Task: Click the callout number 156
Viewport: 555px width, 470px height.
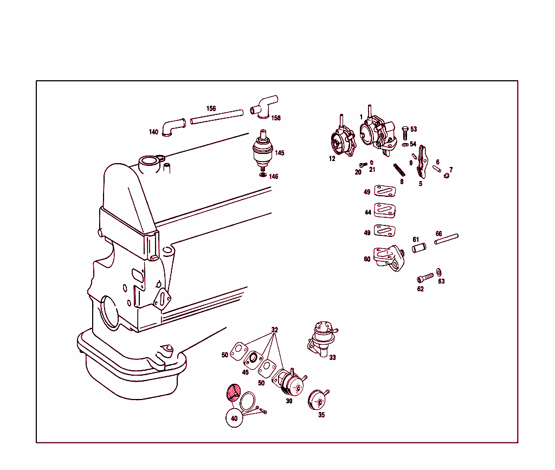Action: (x=211, y=108)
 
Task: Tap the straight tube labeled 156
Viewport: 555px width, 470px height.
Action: (x=217, y=117)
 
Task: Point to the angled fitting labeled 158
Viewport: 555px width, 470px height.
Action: (x=264, y=106)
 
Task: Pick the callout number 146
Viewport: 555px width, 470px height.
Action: (x=273, y=176)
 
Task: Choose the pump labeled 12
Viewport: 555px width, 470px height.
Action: (x=343, y=139)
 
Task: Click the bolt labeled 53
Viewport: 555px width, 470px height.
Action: (x=405, y=133)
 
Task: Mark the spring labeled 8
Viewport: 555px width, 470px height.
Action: (x=399, y=170)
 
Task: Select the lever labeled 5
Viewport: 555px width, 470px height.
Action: (x=422, y=162)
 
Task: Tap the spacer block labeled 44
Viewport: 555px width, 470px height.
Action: (x=385, y=210)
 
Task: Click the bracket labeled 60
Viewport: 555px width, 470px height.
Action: (x=389, y=259)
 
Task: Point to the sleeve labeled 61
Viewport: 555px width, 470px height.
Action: (x=419, y=247)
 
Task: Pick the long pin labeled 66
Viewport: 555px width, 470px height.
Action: (x=447, y=239)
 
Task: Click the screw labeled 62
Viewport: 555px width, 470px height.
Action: (x=425, y=278)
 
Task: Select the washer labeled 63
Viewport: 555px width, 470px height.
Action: (x=439, y=272)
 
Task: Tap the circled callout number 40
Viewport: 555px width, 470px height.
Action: (x=234, y=419)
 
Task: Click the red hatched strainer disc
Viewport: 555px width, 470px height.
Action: (x=234, y=392)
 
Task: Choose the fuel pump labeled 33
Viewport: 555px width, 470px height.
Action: (x=321, y=339)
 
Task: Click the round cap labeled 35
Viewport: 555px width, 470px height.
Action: (x=318, y=399)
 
